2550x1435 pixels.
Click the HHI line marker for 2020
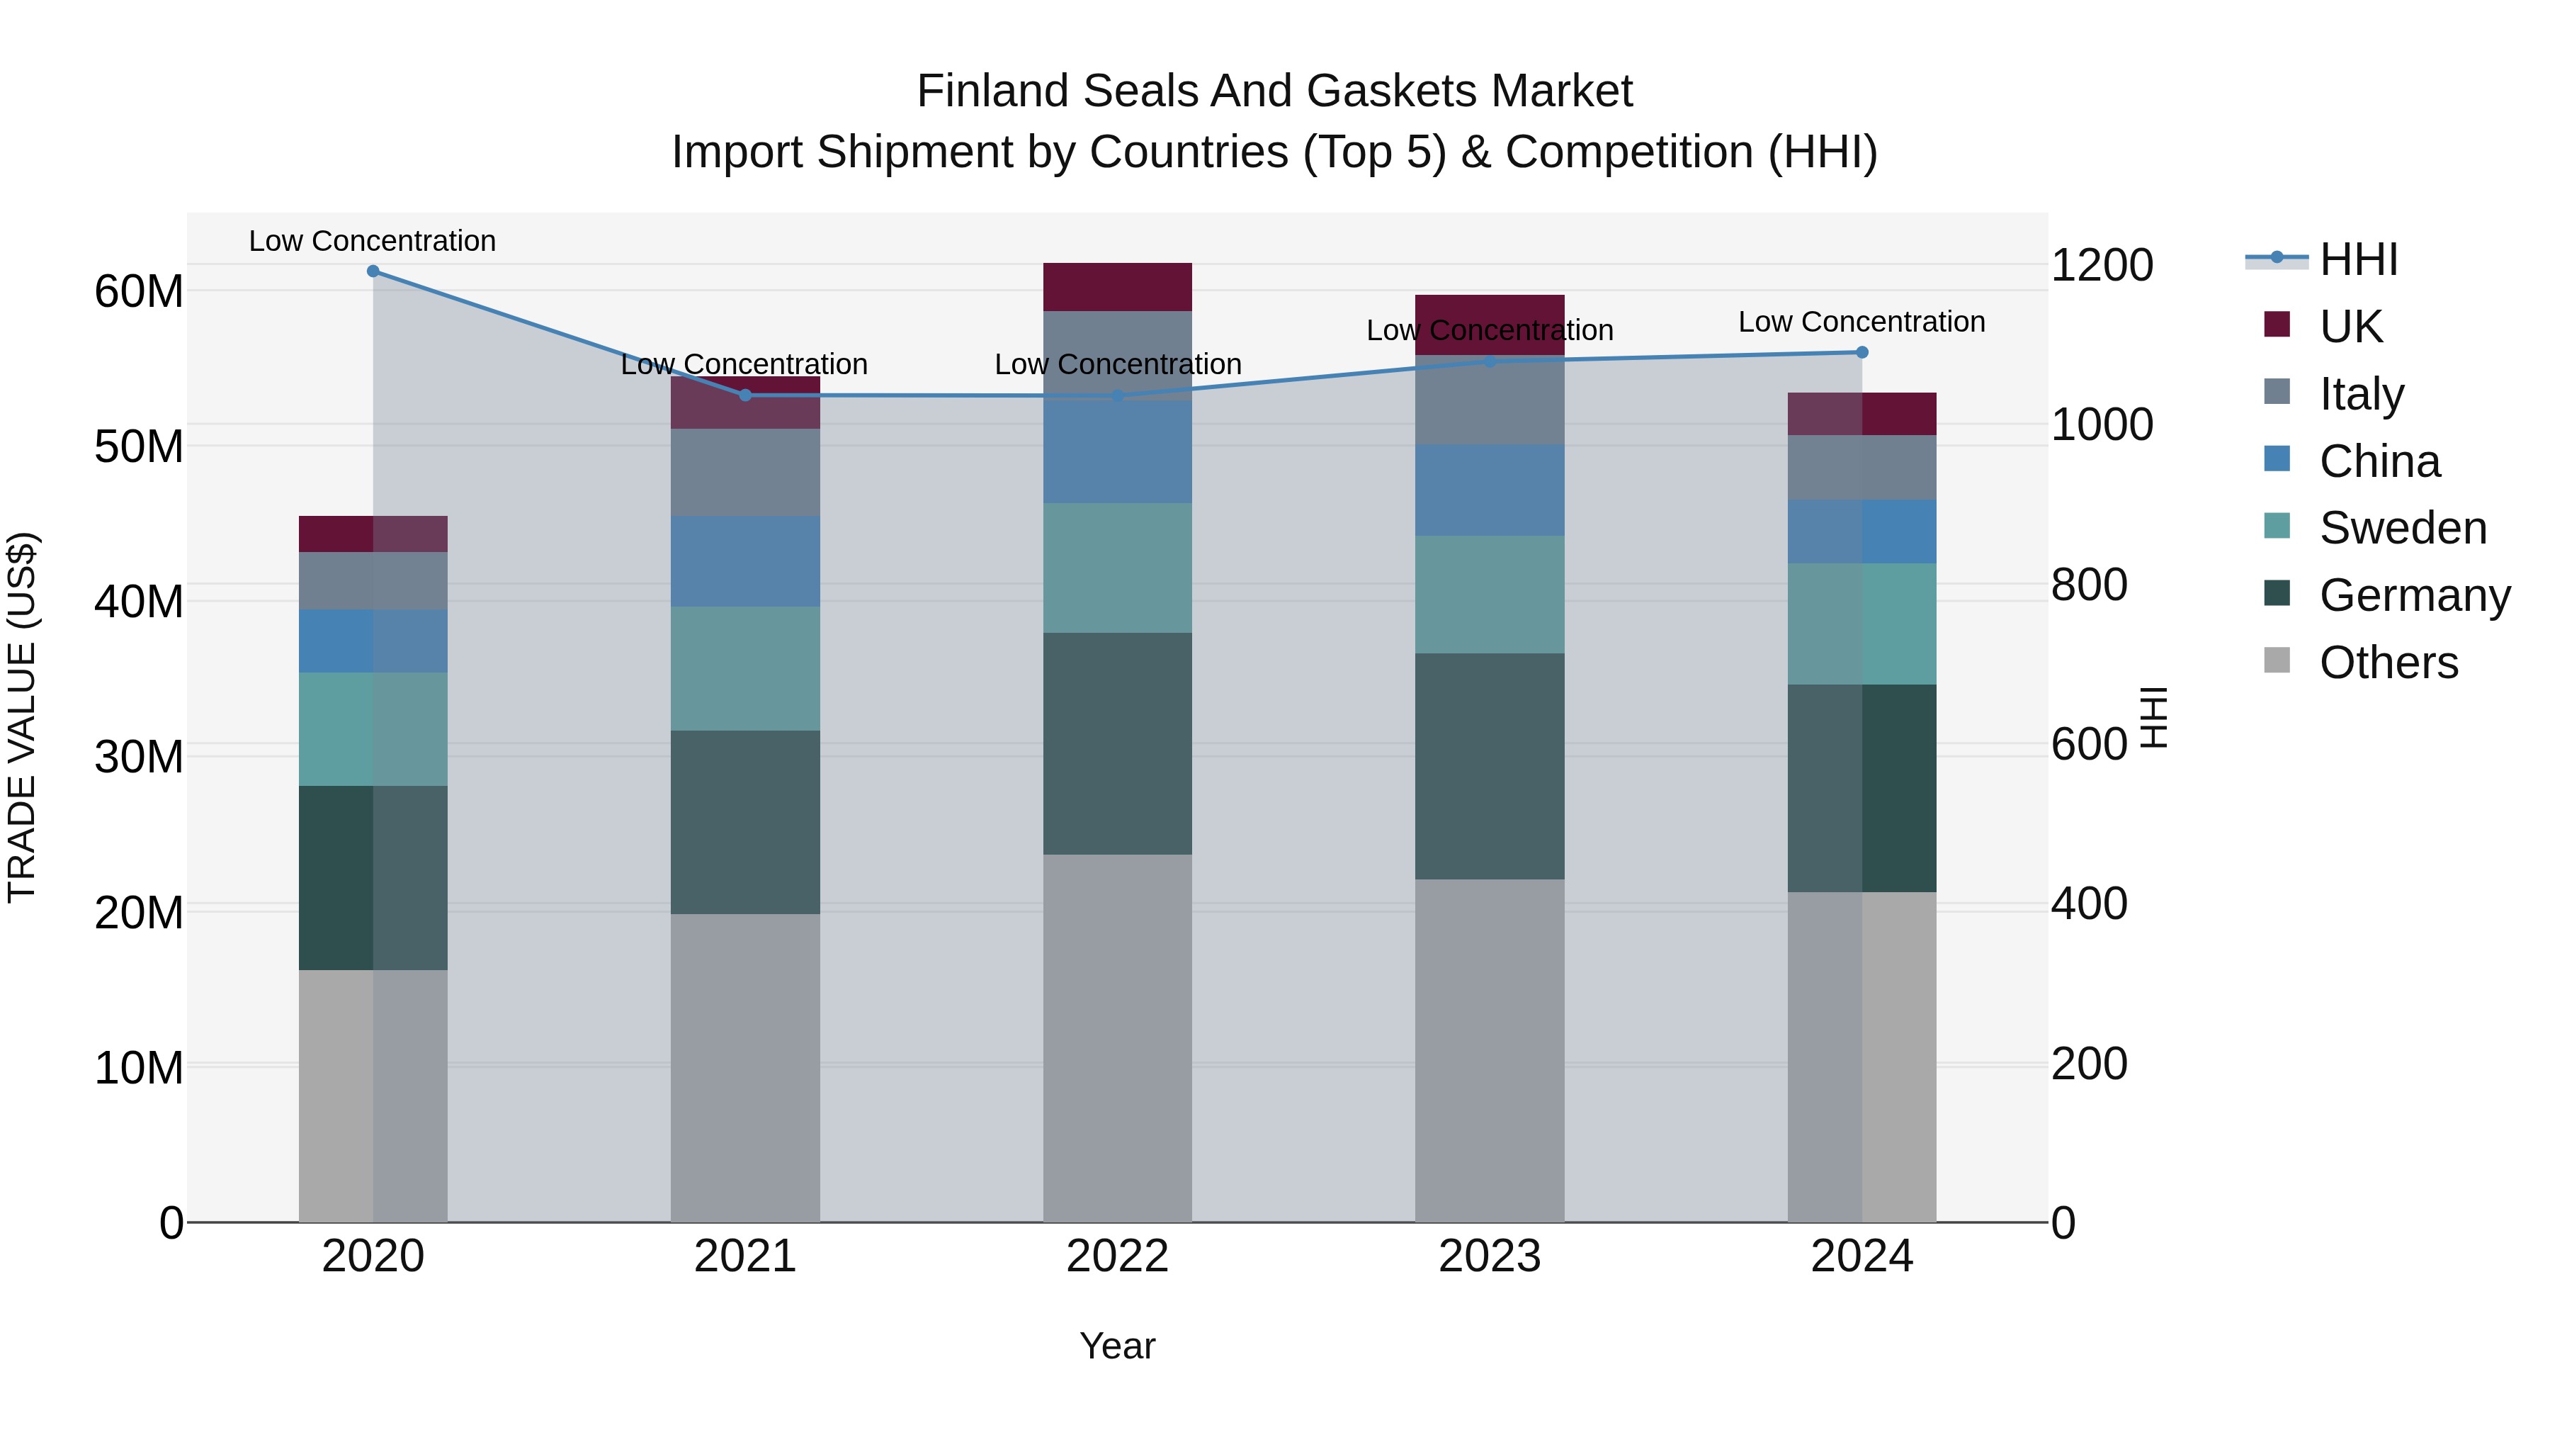pos(373,271)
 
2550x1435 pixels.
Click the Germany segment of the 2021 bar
pos(744,822)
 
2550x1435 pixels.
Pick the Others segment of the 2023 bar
pos(1489,1049)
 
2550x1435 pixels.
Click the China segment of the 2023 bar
pos(1489,490)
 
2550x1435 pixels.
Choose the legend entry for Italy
pos(2361,393)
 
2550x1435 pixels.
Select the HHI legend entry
pos(2358,259)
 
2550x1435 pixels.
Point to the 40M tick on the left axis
pos(139,601)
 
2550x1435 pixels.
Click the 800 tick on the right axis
pos(2089,585)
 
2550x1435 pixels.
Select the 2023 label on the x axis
pos(1489,1256)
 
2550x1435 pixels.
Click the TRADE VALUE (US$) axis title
pos(22,717)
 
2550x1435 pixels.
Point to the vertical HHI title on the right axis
pos(2154,717)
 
